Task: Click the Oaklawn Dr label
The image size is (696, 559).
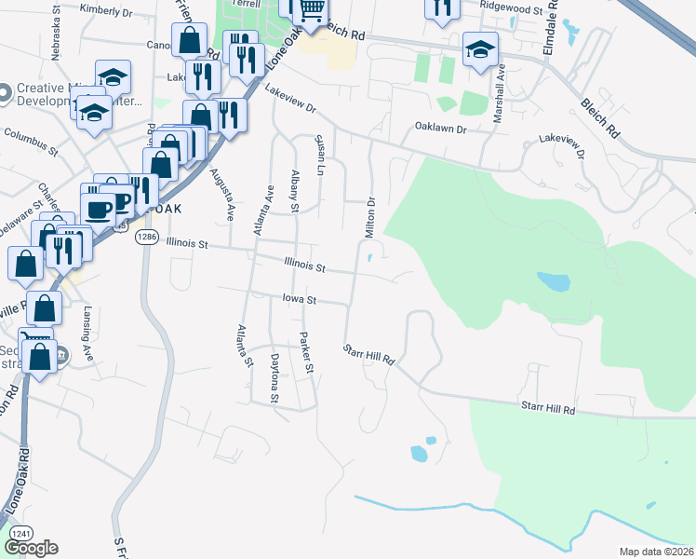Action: [x=440, y=128]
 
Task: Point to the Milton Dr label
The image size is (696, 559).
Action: [x=369, y=214]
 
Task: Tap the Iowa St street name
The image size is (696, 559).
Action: [x=301, y=301]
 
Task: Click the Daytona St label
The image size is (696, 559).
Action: [x=274, y=378]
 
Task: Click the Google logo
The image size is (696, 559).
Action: [x=31, y=548]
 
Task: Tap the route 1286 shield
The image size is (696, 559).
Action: [x=146, y=238]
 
